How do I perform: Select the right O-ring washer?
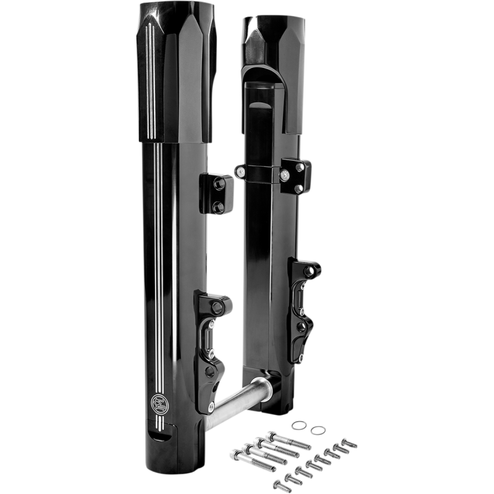click(x=317, y=430)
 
